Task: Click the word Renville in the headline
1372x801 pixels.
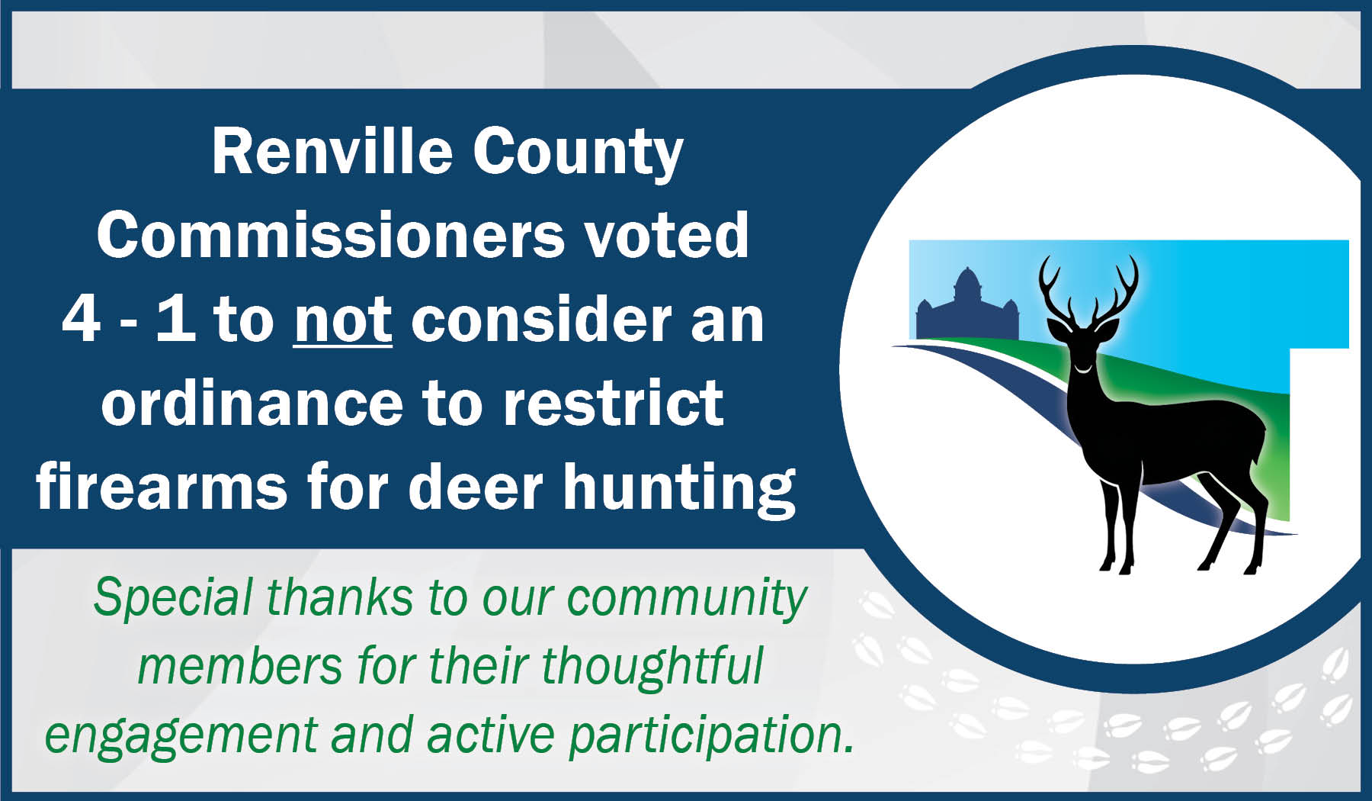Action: point(332,152)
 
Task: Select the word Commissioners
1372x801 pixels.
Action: point(331,236)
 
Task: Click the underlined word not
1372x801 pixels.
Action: point(343,320)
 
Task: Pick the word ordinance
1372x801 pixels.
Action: point(252,404)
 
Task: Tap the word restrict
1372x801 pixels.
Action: point(613,404)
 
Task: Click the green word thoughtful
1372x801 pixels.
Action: point(652,665)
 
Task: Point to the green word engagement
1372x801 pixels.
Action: point(180,735)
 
